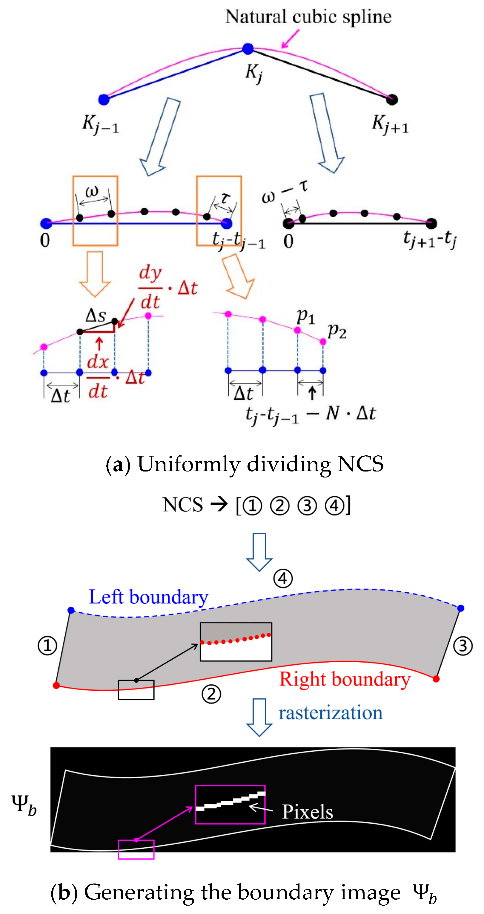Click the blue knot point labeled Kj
tap(248, 49)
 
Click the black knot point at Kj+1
tap(391, 100)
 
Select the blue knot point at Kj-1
tap(104, 100)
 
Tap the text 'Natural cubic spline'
tap(308, 17)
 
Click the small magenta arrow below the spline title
tap(290, 39)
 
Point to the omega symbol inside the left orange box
tap(92, 192)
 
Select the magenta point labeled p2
tap(323, 342)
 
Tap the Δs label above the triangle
tap(96, 315)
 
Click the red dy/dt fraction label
tap(150, 287)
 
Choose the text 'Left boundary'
tap(148, 597)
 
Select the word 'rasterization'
tap(330, 712)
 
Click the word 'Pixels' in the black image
tap(307, 811)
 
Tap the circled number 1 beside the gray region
tap(47, 646)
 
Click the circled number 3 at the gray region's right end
tap(463, 646)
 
